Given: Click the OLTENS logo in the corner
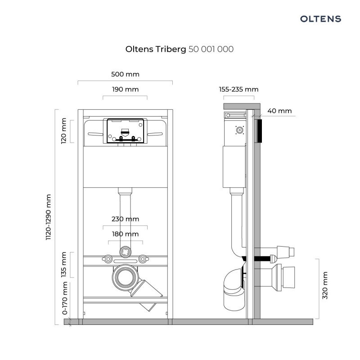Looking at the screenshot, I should point(320,19).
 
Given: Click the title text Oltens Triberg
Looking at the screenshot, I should point(155,49).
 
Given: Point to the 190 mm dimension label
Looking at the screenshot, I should point(125,89).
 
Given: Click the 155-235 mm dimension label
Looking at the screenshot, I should point(238,89).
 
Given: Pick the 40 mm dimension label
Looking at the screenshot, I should point(279,111).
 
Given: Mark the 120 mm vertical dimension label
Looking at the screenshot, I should point(64,131).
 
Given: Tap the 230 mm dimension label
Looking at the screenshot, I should point(125,219).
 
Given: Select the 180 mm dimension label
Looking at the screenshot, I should point(125,234).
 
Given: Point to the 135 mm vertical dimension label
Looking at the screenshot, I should point(64,265).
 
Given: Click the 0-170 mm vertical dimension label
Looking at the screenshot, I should point(64,298).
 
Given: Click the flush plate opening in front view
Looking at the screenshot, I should point(125,131).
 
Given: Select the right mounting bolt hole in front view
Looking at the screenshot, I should point(143,259).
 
